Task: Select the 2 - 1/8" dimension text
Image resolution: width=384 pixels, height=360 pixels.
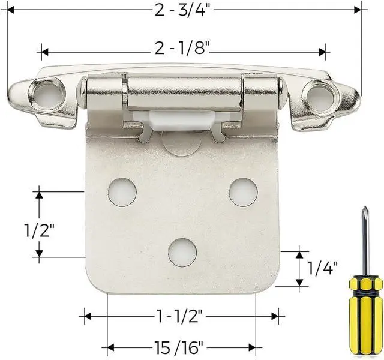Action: click(x=184, y=50)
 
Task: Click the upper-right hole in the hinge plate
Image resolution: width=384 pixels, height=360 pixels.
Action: click(x=243, y=191)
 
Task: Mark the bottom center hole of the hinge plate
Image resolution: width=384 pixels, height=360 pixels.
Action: click(x=182, y=253)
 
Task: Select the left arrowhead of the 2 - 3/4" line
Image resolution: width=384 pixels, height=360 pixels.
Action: click(x=10, y=10)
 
